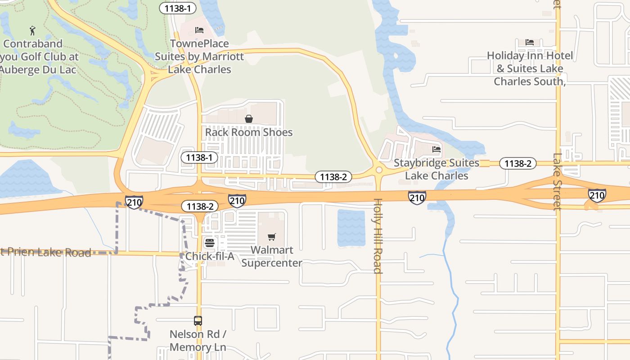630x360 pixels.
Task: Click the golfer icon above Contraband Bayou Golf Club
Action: [x=32, y=31]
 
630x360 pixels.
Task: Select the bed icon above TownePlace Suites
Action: [x=199, y=30]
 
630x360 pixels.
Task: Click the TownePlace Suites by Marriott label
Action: [x=199, y=57]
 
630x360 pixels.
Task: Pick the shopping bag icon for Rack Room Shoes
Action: [x=248, y=119]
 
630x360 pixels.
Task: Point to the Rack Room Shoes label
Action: [x=249, y=132]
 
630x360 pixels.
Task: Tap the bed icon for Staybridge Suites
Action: [x=436, y=149]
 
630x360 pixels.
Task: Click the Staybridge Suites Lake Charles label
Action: [x=436, y=169]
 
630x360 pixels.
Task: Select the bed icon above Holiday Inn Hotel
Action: [x=530, y=42]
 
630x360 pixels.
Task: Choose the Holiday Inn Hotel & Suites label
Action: [x=530, y=68]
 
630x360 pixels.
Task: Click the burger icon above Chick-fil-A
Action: [x=210, y=243]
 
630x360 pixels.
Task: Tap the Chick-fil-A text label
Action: [x=210, y=256]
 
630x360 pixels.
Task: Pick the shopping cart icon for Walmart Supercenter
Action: [x=271, y=237]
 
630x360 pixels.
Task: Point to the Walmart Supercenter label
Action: [x=271, y=256]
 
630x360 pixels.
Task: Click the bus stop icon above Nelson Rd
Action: [x=198, y=321]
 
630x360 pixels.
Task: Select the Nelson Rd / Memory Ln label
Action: [x=198, y=341]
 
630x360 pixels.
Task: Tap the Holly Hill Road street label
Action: [x=378, y=236]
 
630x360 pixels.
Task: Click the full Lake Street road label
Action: [x=558, y=182]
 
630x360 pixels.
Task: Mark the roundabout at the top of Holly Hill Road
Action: [x=378, y=170]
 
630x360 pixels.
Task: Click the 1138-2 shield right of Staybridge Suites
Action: [x=518, y=163]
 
